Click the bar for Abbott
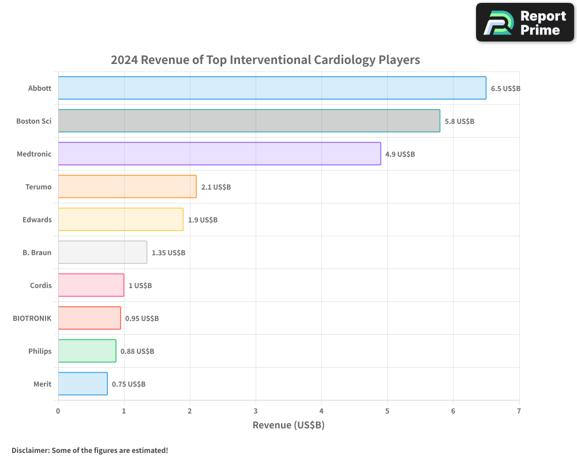272,88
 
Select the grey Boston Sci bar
249,121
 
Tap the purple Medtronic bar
219,154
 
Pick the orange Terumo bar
127,187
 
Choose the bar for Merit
83,384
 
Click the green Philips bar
87,351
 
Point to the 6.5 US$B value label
505,89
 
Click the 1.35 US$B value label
168,253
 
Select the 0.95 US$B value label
141,319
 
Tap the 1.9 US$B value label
203,220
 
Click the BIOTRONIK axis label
32,319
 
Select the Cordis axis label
40,286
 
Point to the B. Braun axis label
37,253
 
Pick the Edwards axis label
37,220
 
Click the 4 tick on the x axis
321,411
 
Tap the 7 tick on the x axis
519,411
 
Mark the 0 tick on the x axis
58,411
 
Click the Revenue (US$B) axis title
288,425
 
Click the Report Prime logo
525,22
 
